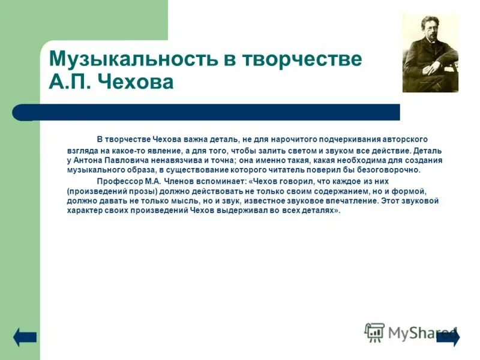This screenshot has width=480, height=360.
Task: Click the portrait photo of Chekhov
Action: (x=430, y=53)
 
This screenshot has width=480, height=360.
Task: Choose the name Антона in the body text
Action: (x=91, y=160)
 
